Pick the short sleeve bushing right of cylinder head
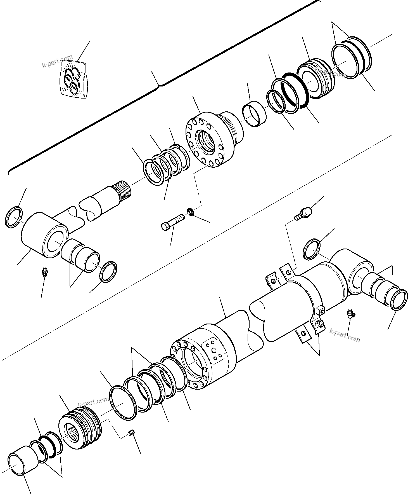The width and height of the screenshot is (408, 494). tap(254, 114)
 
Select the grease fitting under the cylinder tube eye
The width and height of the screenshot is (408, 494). tap(350, 314)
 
